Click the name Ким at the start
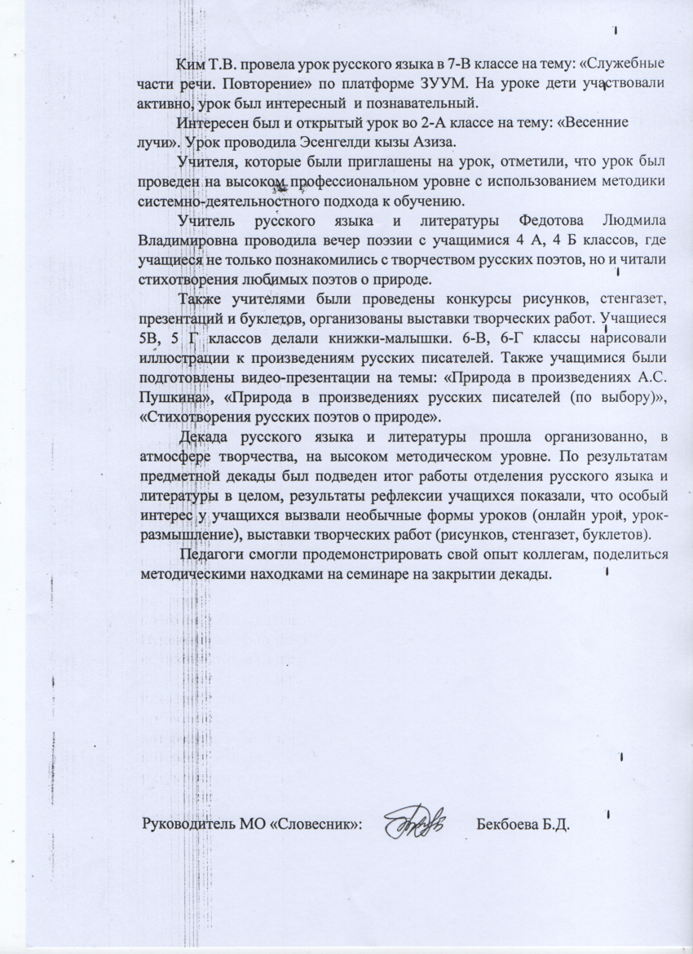click(x=191, y=64)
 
